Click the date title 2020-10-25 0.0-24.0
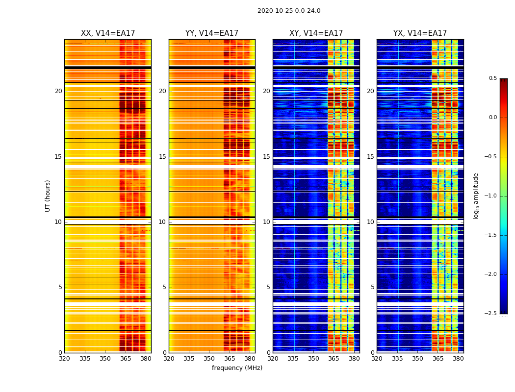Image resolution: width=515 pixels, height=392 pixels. click(289, 11)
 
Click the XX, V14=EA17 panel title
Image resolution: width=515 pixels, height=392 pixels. click(108, 33)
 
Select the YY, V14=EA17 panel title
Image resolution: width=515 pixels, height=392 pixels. click(212, 33)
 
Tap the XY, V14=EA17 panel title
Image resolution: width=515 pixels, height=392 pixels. click(316, 33)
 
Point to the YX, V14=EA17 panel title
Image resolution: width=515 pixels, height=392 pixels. click(420, 33)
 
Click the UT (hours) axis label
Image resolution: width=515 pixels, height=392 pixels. click(48, 196)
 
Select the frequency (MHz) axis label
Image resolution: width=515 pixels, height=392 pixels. click(237, 368)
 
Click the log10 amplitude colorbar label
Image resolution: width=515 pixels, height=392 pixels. click(476, 196)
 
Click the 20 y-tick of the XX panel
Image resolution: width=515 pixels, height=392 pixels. click(58, 91)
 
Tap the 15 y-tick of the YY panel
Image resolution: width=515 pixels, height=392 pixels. click(163, 157)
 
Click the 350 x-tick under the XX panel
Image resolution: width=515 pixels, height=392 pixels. click(105, 359)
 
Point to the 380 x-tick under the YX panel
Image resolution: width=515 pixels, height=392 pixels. click(458, 359)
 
